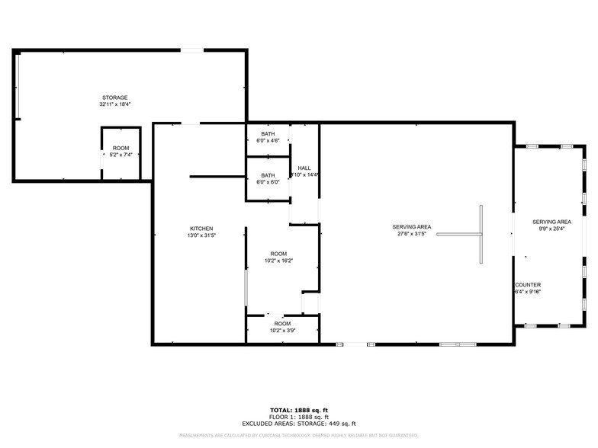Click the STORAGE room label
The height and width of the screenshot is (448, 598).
[115, 98]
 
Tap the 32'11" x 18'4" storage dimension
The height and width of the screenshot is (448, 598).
[115, 104]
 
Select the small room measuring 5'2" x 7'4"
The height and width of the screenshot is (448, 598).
[121, 152]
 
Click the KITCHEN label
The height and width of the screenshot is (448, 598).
[201, 228]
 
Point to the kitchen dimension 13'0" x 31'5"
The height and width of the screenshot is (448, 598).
[201, 235]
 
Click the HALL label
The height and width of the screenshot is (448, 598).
[304, 168]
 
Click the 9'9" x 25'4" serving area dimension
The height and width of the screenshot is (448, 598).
[551, 229]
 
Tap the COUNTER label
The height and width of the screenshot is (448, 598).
[528, 285]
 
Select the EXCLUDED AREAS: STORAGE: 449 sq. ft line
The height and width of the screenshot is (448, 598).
[299, 424]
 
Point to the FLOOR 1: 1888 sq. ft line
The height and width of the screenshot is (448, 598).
[299, 417]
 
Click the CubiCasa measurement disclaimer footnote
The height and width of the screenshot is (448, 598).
[299, 435]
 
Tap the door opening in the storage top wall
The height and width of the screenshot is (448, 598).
[191, 50]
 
